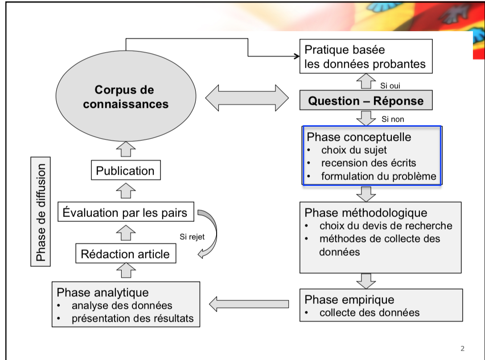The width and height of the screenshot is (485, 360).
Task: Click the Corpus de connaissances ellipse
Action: [x=126, y=97]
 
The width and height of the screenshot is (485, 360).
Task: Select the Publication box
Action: [x=125, y=171]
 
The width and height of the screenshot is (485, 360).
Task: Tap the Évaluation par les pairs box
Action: [x=125, y=213]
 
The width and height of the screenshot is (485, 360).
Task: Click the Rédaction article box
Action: [x=125, y=254]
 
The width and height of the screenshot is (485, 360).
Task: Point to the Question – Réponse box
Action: [x=366, y=101]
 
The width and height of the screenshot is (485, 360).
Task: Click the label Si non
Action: [x=393, y=119]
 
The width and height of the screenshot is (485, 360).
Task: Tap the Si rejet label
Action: [x=192, y=237]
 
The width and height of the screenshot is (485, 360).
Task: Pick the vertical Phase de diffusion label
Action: [x=41, y=212]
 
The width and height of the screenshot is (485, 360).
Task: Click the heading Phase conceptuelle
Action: [x=358, y=137]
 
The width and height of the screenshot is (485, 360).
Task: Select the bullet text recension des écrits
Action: [x=369, y=163]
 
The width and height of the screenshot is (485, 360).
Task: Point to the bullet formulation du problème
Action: [x=378, y=176]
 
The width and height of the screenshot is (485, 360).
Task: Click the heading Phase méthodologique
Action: [x=366, y=213]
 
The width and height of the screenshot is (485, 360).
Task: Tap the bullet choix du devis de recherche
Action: [x=386, y=226]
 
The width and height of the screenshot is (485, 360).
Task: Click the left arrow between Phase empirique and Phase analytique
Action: [x=249, y=304]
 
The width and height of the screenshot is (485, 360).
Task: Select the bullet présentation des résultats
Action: [x=132, y=319]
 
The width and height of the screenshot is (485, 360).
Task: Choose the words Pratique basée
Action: [x=345, y=49]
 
